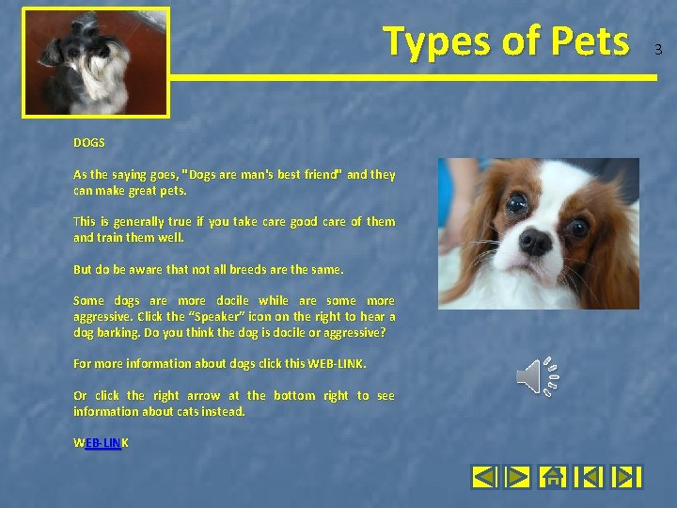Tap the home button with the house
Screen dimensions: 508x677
(x=552, y=477)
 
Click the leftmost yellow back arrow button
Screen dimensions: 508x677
(x=483, y=477)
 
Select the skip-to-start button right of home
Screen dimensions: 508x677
(x=588, y=477)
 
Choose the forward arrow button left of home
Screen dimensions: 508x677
(x=517, y=477)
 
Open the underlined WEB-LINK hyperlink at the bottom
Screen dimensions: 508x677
(x=102, y=442)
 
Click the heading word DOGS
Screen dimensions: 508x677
(x=89, y=143)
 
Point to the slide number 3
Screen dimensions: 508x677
(x=658, y=49)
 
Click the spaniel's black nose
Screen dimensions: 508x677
(x=535, y=241)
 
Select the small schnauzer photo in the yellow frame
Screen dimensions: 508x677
(x=96, y=63)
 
